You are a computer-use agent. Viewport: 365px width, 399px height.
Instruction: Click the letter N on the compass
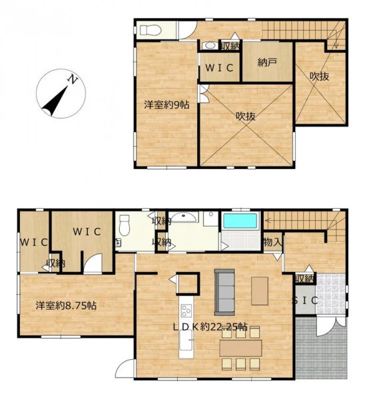click(73, 80)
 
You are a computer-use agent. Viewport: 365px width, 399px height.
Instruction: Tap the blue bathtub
click(240, 221)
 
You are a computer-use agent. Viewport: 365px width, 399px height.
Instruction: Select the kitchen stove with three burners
click(186, 311)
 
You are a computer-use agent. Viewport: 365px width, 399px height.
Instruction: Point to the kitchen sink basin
click(186, 340)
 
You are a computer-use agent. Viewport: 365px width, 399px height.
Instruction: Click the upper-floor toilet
click(151, 31)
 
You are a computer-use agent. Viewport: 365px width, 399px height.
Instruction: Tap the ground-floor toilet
click(125, 225)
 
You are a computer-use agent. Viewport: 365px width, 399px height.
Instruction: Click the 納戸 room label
click(267, 63)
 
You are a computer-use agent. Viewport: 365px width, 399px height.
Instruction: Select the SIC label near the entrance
click(304, 301)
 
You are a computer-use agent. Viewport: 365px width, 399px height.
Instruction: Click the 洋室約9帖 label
click(167, 104)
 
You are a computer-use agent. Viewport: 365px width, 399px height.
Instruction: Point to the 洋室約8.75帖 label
click(66, 305)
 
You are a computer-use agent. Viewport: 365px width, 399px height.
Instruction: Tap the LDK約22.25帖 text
click(210, 327)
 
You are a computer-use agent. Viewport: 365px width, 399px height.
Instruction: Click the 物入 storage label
click(273, 242)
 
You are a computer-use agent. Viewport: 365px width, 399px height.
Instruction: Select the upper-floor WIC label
click(219, 68)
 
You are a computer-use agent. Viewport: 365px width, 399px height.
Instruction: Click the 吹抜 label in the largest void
click(246, 116)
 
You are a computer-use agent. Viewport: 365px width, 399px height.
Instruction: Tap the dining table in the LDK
click(240, 348)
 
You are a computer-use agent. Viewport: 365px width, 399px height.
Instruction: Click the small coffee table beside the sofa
click(260, 291)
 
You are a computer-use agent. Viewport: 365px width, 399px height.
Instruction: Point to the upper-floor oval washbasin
click(210, 45)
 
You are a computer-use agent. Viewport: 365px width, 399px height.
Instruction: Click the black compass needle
click(55, 101)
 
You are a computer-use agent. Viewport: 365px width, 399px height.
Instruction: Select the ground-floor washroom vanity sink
click(183, 217)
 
